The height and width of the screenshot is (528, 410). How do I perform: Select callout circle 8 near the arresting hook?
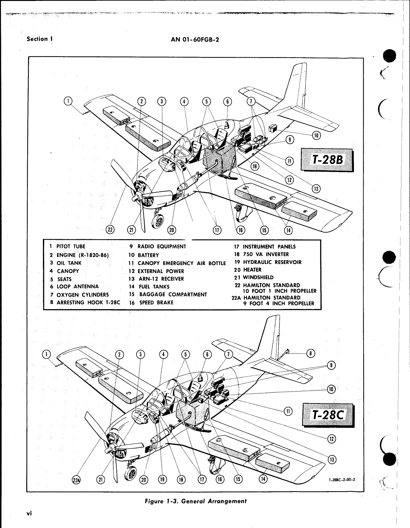click(x=311, y=353)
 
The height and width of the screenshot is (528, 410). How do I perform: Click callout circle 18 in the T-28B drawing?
click(x=255, y=166)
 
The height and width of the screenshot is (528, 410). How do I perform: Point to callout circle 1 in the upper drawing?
click(x=68, y=101)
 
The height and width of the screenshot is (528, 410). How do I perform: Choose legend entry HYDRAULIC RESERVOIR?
click(x=272, y=262)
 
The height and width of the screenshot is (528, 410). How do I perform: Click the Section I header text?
click(x=40, y=39)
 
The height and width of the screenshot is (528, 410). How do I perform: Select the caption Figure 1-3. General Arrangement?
click(x=196, y=501)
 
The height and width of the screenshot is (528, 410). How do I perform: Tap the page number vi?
click(x=29, y=513)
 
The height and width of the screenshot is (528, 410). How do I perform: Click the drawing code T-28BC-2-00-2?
click(x=342, y=480)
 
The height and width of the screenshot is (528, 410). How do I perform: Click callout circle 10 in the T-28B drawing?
click(x=316, y=135)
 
